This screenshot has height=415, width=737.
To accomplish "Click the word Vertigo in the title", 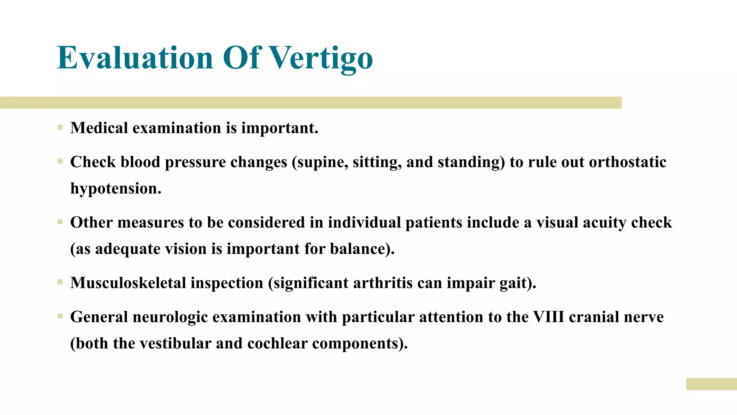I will click(321, 58).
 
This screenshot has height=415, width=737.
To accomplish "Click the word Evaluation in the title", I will click(135, 58).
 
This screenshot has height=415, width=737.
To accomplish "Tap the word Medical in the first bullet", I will click(99, 128).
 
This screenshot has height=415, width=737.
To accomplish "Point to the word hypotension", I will click(116, 189).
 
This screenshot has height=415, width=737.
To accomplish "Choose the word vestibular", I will click(175, 343).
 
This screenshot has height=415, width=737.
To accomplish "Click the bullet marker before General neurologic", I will click(60, 316).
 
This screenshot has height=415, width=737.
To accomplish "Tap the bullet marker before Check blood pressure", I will click(60, 161).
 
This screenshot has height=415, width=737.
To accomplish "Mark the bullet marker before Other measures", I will click(60, 222).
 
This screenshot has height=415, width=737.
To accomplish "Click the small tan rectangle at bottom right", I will click(711, 384).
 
